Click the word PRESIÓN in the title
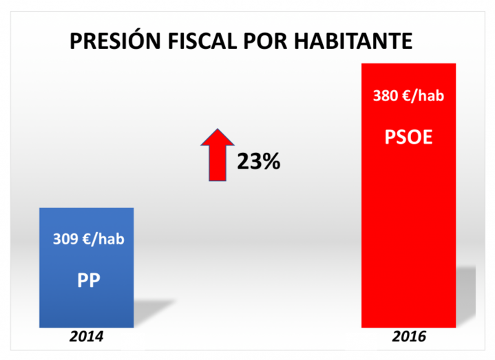[x=116, y=42]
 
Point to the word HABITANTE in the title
[x=354, y=42]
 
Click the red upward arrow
[x=218, y=155]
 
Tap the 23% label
[x=258, y=162]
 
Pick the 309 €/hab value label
[x=88, y=240]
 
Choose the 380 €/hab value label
[x=408, y=96]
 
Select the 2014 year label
[x=86, y=337]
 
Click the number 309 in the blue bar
[x=64, y=240]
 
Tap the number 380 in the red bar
[x=384, y=96]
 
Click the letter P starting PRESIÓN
[x=76, y=42]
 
